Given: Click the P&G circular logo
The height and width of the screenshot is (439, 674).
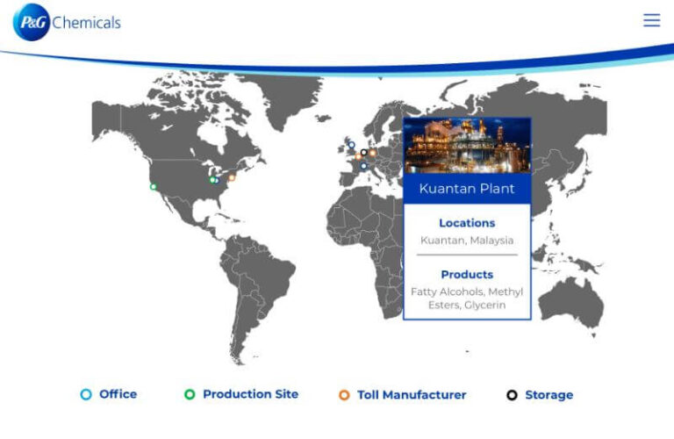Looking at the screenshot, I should point(32,22).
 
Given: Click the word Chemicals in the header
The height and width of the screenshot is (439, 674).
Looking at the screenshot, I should point(86,23).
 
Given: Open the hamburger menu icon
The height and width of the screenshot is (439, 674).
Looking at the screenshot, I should point(651,20).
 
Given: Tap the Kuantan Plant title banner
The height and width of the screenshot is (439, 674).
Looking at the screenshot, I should point(466,189).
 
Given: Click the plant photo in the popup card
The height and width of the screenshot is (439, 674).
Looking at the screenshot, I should point(466,146).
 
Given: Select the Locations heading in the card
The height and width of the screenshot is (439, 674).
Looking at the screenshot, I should point(467,223).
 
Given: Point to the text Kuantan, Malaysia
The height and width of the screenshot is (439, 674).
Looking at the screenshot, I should point(467,241).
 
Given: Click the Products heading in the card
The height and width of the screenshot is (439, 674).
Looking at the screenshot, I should point(467,274).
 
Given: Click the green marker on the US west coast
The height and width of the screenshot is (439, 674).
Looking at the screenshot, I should point(154,186).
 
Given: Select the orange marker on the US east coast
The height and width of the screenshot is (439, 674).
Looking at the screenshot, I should point(232,177).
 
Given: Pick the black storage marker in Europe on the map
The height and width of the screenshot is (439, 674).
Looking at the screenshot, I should point(363,153).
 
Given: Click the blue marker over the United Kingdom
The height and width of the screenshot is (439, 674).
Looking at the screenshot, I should point(352,145).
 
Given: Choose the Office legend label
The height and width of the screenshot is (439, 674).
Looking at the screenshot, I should point(118,394).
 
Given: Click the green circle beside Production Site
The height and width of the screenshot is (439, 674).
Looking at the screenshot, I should point(190,395).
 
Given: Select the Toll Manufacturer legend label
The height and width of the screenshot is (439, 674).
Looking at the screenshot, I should point(412,395).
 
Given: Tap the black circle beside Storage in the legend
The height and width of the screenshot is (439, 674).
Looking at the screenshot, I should point(513,395).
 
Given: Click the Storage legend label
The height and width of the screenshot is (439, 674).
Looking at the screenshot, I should point(549,395).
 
